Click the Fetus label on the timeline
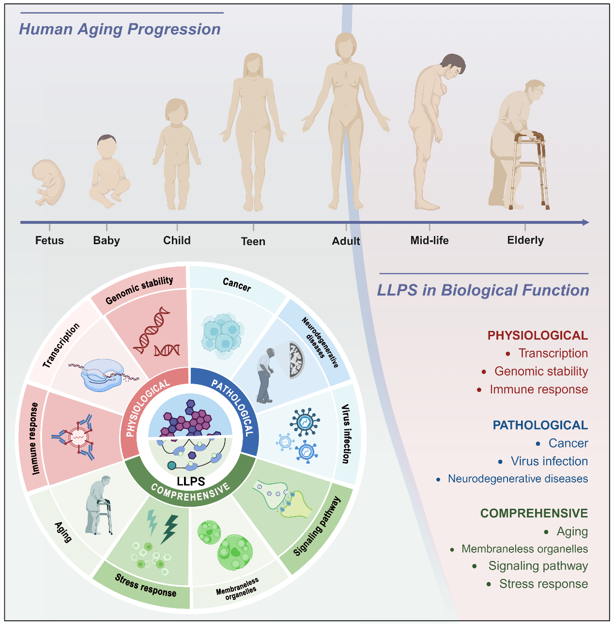point(49,240)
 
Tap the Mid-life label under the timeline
point(429,240)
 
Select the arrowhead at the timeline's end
point(585,222)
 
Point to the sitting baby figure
point(108,172)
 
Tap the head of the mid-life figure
point(453,65)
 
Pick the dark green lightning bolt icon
point(169,529)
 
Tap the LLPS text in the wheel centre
point(191,481)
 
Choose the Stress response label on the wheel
point(145,585)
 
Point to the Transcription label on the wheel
point(61,345)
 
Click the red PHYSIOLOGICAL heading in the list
point(537,335)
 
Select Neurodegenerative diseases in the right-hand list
point(518,479)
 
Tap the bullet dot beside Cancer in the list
point(538,444)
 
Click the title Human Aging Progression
point(120,29)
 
